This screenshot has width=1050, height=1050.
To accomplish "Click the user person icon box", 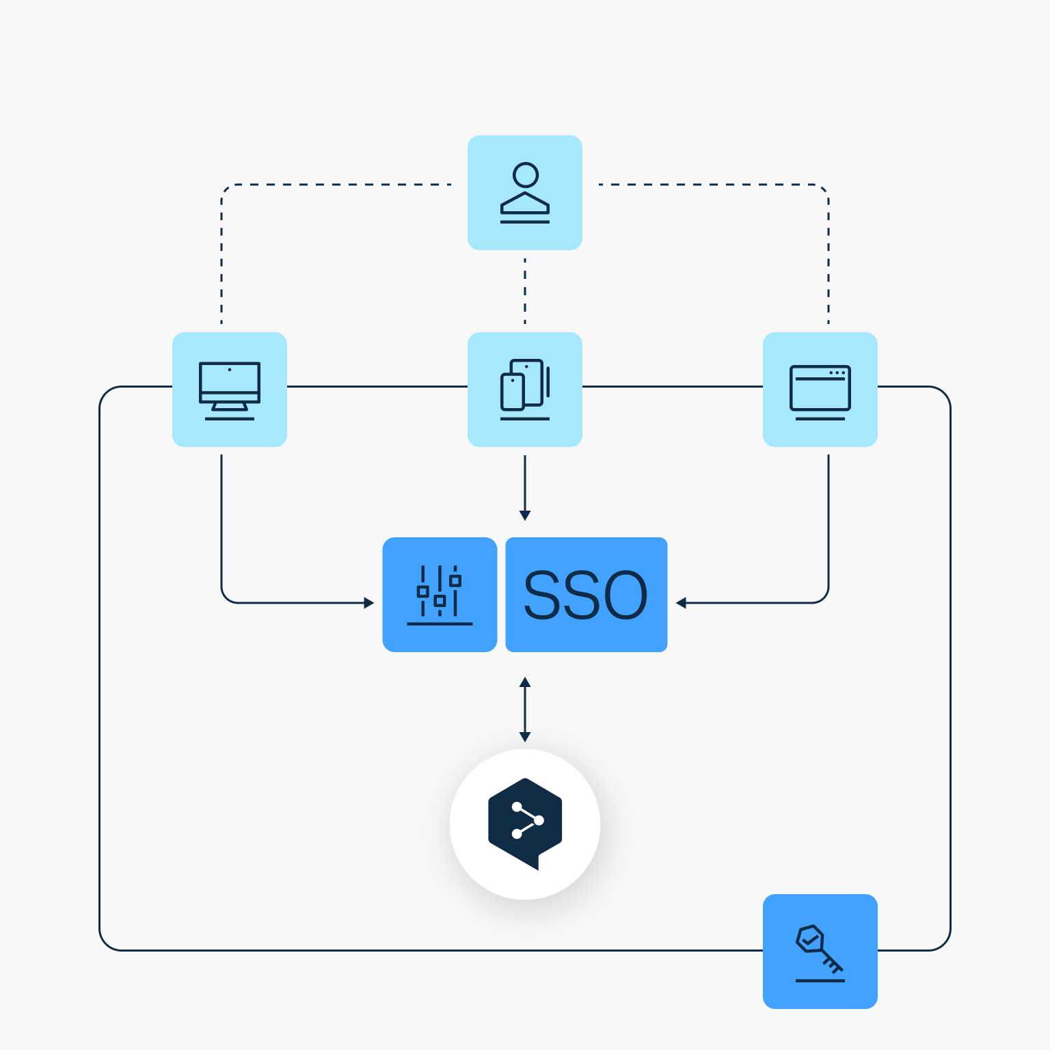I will [x=525, y=193].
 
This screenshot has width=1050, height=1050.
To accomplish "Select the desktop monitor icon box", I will [x=230, y=390].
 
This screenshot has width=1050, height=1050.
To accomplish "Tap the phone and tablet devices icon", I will [x=525, y=387].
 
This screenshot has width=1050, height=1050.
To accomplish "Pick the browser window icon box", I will [x=820, y=390].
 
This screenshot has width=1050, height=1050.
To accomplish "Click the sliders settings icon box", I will [x=440, y=595].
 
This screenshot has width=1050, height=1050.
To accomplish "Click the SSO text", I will [x=586, y=595].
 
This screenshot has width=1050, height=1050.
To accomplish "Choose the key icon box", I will [x=820, y=952].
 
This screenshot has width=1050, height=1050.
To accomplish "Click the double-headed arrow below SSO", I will [x=525, y=710].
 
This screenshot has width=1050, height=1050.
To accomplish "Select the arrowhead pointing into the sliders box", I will [x=369, y=603].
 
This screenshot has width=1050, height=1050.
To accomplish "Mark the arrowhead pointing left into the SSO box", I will [x=681, y=603].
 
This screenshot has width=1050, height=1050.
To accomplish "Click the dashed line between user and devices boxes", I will [x=525, y=291].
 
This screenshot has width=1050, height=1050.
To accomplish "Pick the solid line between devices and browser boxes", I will [x=673, y=386].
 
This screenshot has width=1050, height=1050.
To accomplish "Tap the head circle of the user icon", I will [x=526, y=175].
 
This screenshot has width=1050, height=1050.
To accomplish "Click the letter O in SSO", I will [x=620, y=595].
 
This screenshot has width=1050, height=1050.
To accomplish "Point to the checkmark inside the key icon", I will [x=810, y=941].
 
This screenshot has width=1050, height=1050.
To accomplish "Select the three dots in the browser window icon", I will [x=837, y=373].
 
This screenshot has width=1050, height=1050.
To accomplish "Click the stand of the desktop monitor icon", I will [x=230, y=407].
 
